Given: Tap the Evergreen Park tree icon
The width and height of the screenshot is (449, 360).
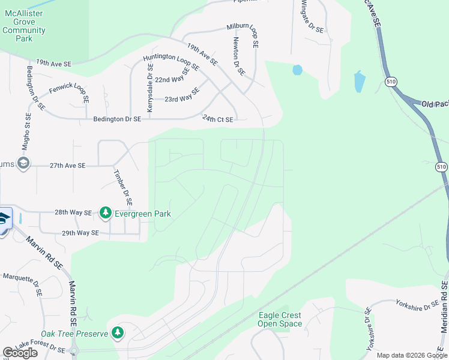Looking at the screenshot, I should [x=106, y=212].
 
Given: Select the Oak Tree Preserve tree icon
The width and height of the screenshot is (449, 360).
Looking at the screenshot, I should [x=118, y=332].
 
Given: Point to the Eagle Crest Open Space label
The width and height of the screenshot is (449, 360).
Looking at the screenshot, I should [x=280, y=319].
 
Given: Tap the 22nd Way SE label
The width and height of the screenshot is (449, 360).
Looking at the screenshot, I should [x=173, y=79].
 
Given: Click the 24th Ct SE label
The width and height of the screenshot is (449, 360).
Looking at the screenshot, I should [x=217, y=119].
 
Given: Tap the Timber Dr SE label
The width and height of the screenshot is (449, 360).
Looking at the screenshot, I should [x=122, y=186].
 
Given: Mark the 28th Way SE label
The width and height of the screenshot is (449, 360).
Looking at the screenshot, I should [x=73, y=212].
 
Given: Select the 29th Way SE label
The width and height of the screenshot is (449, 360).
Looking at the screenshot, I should [x=79, y=233].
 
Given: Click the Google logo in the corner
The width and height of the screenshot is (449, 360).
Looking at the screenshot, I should [x=20, y=353].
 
